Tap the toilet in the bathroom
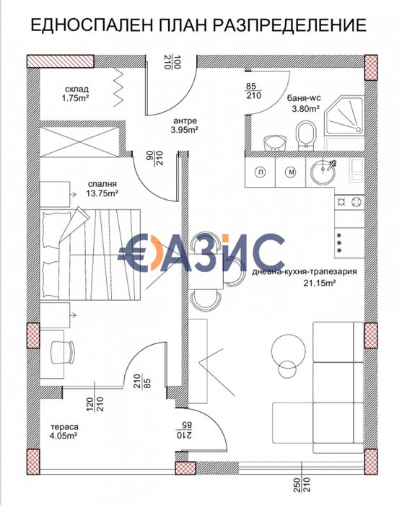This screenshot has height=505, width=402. tap(306, 133)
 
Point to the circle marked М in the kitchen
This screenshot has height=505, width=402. tap(290, 172)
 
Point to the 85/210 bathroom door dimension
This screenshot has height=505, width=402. tap(253, 90)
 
